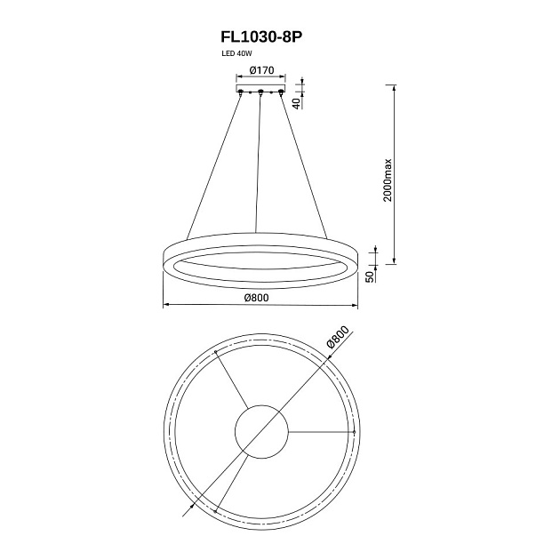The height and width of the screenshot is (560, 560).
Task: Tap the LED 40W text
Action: pos(236,54)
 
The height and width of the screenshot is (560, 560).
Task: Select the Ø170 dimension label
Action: pos(262,70)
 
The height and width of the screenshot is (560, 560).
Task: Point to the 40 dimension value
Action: pos(296,104)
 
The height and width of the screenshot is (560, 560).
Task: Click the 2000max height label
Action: pos(388,180)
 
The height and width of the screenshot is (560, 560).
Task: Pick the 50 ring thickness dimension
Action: pos(370,276)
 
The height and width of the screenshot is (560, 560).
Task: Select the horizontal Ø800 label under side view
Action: pos(256,298)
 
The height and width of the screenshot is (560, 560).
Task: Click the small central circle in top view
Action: pos(261,432)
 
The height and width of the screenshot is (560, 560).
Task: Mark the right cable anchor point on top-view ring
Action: pos(354,432)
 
